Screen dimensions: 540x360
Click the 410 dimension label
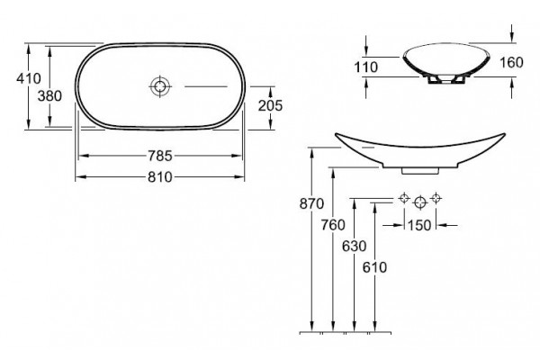pyautogui.click(x=29, y=78)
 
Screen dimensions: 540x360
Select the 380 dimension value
pyautogui.click(x=49, y=95)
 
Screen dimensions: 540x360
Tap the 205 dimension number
pyautogui.click(x=270, y=106)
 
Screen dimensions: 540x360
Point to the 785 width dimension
pyautogui.click(x=160, y=156)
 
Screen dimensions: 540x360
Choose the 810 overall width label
pyautogui.click(x=160, y=177)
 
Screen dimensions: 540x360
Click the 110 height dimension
pyautogui.click(x=366, y=67)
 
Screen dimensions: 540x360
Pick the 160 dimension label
pyautogui.click(x=511, y=62)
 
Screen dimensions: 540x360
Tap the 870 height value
pyautogui.click(x=311, y=204)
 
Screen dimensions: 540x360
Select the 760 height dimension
pyautogui.click(x=333, y=225)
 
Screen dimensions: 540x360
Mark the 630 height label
pyautogui.click(x=354, y=247)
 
